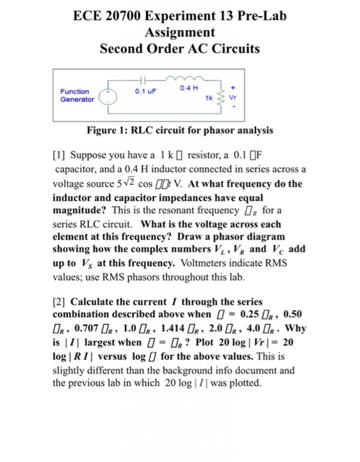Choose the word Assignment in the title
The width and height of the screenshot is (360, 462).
point(179,32)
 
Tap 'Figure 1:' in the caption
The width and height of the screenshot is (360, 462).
point(118,130)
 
